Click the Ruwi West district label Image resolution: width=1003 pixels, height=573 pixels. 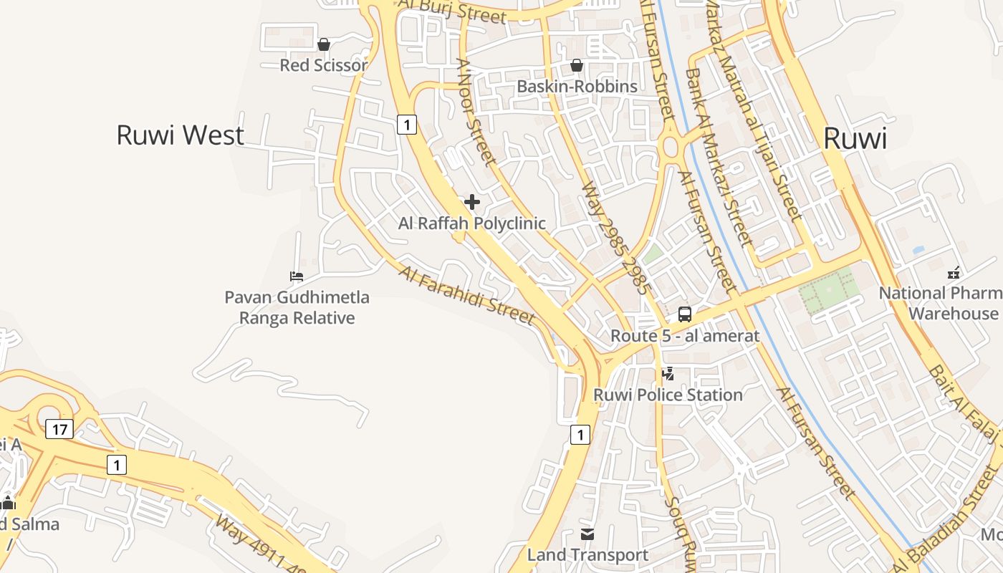(180, 135)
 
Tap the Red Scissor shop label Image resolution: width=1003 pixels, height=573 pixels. (323, 65)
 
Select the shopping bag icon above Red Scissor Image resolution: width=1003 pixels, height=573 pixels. (324, 44)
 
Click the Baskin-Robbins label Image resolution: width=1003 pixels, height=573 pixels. (577, 87)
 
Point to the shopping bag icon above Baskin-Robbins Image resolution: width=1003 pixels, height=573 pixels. (577, 65)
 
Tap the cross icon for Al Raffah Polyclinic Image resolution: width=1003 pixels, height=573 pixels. (472, 202)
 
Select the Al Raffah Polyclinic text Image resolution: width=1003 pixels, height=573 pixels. (472, 223)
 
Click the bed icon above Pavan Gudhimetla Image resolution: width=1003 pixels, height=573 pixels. (297, 276)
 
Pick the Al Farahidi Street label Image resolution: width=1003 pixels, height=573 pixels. (466, 294)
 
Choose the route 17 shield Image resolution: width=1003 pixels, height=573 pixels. (59, 429)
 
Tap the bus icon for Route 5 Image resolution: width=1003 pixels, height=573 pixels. (685, 314)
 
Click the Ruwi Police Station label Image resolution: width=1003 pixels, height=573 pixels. (668, 395)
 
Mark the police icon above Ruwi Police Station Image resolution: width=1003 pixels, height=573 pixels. (668, 373)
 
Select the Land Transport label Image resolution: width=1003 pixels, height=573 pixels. (587, 554)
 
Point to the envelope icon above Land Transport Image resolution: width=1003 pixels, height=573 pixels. (587, 534)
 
